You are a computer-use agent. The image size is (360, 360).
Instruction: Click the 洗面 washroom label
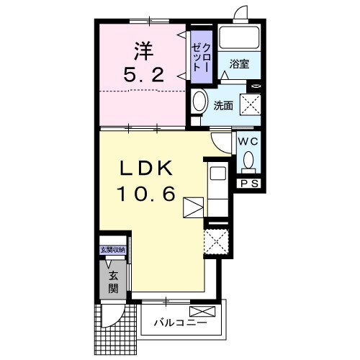click(223, 106)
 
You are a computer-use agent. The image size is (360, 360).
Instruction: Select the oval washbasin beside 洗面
click(199, 100)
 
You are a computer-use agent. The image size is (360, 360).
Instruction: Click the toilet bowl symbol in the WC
click(249, 160)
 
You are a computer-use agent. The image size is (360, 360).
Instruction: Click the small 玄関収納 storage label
click(113, 250)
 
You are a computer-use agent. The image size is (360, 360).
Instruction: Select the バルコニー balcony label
click(180, 322)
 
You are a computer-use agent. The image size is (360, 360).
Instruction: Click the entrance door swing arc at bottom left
click(115, 315)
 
